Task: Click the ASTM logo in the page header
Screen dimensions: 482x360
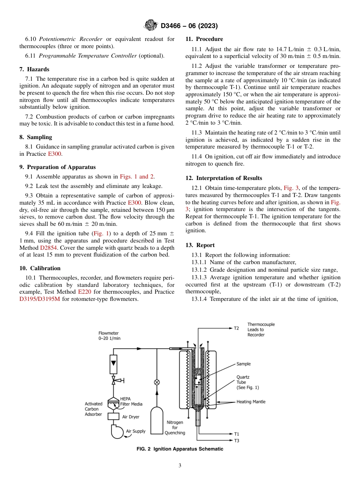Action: tap(151, 26)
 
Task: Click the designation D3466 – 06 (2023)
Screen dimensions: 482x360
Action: tap(189, 26)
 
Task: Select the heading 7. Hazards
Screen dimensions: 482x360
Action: tap(34, 69)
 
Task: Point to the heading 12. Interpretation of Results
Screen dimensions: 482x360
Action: tap(224, 178)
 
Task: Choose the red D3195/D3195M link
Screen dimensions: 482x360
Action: tap(40, 299)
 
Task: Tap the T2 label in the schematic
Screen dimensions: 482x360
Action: tap(236, 328)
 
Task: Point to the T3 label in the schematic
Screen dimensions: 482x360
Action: tap(236, 441)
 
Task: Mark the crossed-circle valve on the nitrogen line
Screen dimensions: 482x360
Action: tap(157, 382)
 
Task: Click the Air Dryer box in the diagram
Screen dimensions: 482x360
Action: tap(114, 416)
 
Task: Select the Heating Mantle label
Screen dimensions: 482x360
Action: tap(251, 402)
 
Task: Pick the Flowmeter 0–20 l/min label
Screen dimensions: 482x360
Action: tap(110, 336)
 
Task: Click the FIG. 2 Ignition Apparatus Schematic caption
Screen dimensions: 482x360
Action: tap(180, 449)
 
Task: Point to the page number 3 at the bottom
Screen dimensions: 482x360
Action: tap(180, 466)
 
